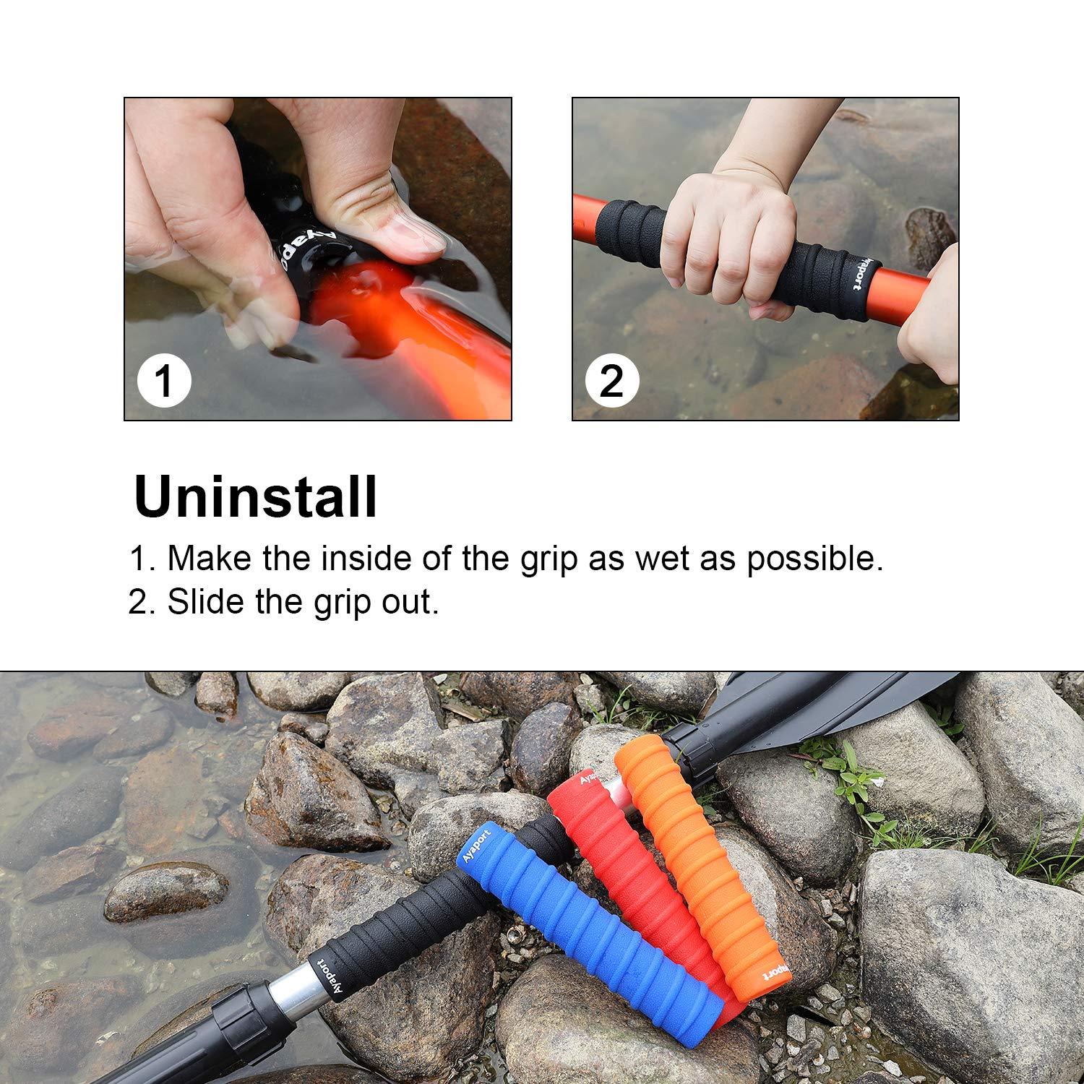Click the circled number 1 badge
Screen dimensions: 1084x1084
click(164, 380)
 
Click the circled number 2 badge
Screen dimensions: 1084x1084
click(612, 380)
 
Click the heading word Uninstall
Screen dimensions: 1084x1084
click(256, 497)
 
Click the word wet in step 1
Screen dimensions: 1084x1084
click(653, 559)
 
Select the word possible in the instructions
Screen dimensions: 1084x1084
click(814, 559)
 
